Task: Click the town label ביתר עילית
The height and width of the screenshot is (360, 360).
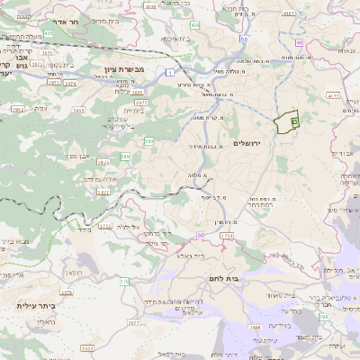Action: (36, 306)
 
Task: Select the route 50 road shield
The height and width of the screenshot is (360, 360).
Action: (245, 40)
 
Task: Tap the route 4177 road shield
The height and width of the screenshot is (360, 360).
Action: (333, 94)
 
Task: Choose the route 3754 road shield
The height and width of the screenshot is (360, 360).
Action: (225, 235)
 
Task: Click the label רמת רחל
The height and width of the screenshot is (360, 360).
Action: (262, 202)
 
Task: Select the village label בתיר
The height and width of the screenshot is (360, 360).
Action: (84, 229)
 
